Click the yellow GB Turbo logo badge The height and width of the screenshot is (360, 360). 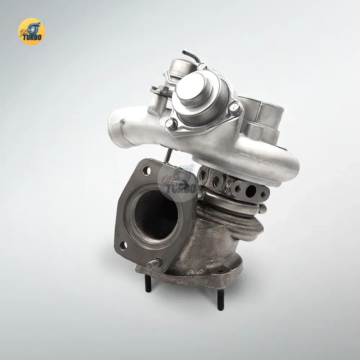(x=31, y=31)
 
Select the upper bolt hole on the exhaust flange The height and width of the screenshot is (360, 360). (x=147, y=171)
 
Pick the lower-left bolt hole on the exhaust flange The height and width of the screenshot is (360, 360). (x=123, y=246)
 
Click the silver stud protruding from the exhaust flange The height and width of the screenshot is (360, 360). (x=154, y=264)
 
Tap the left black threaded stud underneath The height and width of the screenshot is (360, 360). (x=148, y=283)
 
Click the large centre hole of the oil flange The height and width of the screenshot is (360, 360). (x=251, y=191)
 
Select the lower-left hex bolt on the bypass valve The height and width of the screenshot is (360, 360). (x=171, y=125)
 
